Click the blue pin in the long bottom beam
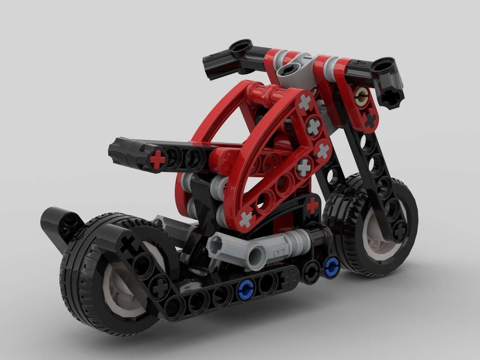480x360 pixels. pos(245,288)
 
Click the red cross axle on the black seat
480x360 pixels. pos(157,159)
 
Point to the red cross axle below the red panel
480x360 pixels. pos(312,205)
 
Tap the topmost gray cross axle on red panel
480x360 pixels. pos(305,102)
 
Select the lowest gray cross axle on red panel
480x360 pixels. pos(246,219)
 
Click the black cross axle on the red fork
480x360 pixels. pos(370,120)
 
